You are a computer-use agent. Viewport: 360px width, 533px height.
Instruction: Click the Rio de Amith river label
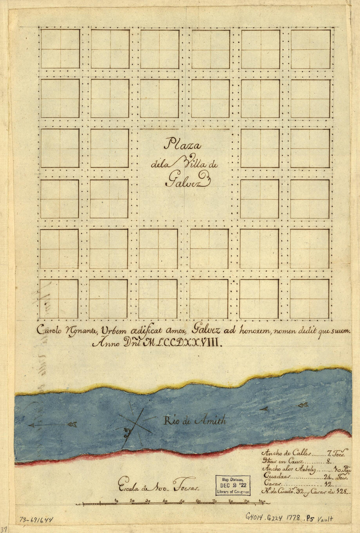click(195, 421)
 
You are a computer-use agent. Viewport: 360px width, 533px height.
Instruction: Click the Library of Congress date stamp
click(233, 484)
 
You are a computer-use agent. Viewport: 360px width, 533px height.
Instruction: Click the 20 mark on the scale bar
click(132, 501)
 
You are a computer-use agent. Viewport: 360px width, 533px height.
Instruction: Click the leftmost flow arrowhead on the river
click(32, 425)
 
